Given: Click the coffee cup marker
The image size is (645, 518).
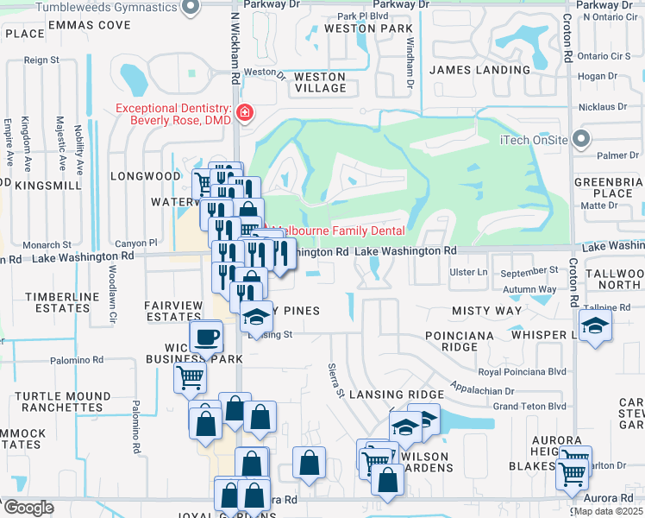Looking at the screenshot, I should coord(207,337).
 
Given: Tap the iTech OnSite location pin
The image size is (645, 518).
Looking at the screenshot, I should coord(581,138).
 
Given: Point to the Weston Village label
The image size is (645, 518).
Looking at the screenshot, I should coord(320,82).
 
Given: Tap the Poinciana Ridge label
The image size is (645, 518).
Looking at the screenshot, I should coord(465,340).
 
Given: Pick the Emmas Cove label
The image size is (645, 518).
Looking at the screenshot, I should coord(78,25).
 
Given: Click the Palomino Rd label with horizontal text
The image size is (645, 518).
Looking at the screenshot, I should coord(78,361).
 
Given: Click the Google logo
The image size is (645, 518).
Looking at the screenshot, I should coord(28,508).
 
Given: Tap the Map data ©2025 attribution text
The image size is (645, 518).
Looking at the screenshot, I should coord(609,511).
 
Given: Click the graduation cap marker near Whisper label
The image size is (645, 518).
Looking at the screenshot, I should coord(593,325).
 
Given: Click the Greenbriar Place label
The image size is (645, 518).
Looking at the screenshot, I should coord(609,187).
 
